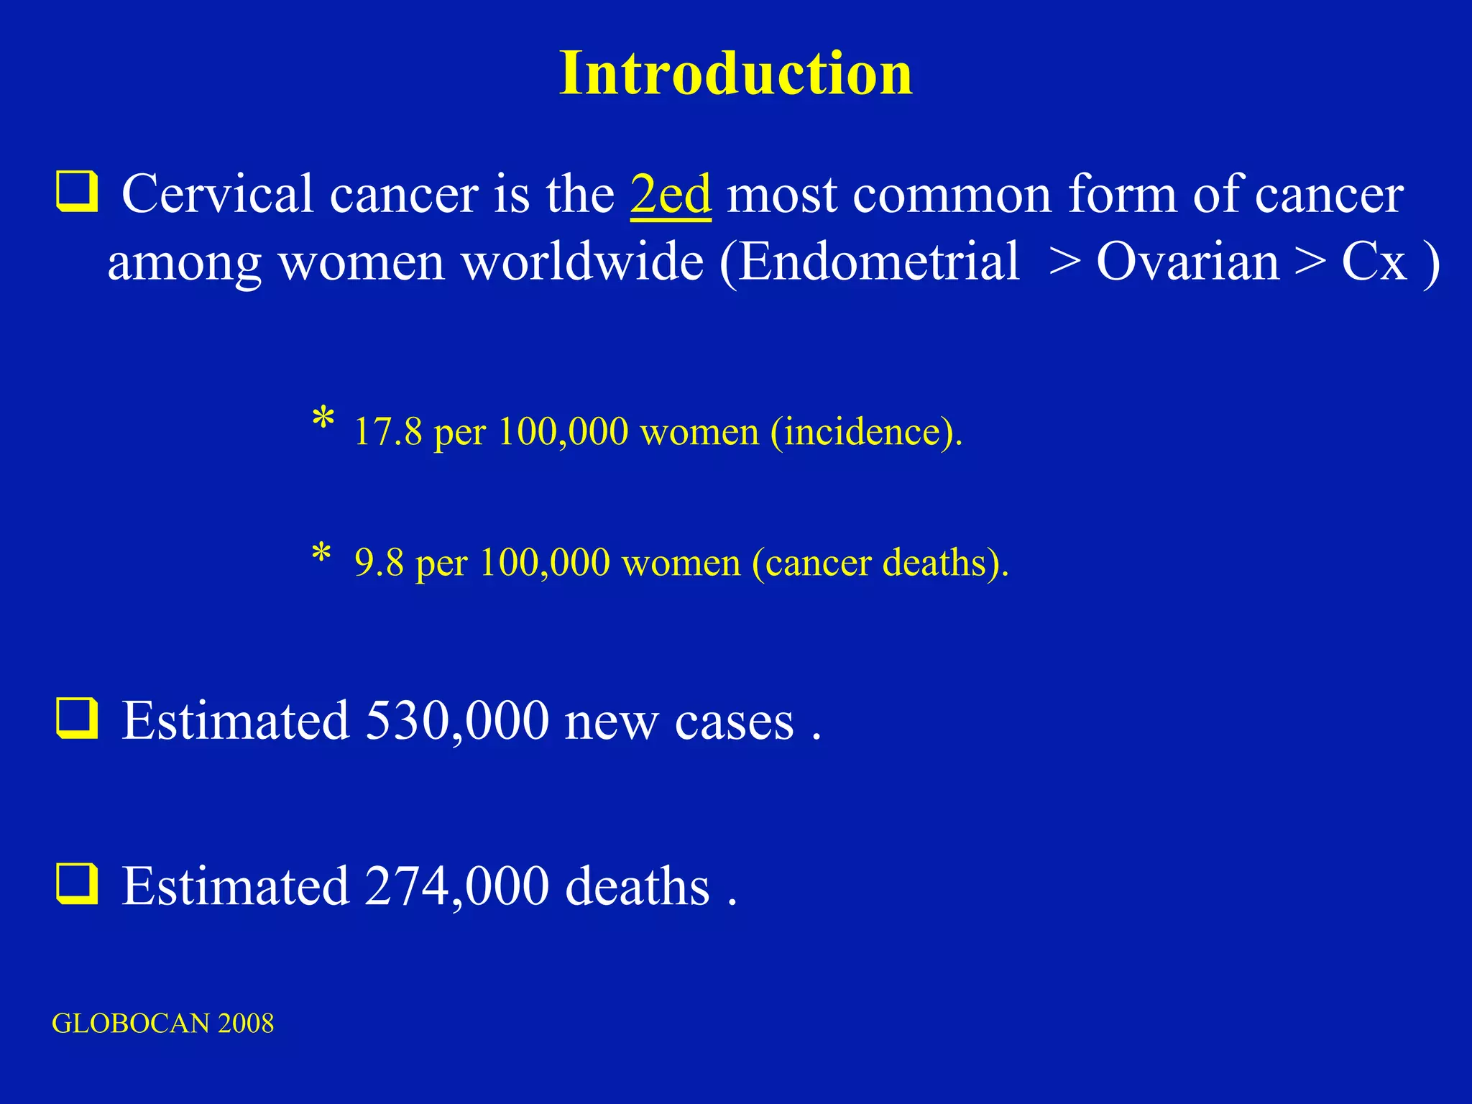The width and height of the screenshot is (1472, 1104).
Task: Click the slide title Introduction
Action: click(x=735, y=74)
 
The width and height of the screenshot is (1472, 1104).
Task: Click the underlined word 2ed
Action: click(x=671, y=194)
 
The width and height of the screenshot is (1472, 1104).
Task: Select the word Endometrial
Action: click(x=879, y=261)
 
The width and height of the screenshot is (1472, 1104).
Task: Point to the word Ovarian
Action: click(x=1187, y=261)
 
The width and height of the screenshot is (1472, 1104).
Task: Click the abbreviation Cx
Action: click(x=1374, y=261)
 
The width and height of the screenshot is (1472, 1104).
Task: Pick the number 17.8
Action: click(x=388, y=432)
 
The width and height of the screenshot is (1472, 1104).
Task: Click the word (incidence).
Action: click(x=866, y=432)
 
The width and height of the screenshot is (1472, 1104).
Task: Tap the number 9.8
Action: click(x=379, y=562)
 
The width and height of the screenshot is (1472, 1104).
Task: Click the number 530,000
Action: click(x=457, y=720)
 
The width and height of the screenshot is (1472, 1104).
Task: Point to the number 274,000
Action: click(x=457, y=885)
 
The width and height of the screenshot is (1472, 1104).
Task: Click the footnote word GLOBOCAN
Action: click(x=130, y=1023)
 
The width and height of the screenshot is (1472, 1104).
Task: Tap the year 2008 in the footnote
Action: click(x=246, y=1023)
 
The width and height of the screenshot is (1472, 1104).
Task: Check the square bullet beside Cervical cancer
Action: click(x=76, y=193)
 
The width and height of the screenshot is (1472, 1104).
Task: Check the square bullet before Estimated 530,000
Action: click(x=76, y=719)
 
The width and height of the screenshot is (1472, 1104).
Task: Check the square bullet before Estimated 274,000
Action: click(x=76, y=884)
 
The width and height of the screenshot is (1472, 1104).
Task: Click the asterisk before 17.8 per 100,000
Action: click(x=323, y=418)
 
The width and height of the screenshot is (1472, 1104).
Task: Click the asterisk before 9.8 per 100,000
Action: click(x=321, y=553)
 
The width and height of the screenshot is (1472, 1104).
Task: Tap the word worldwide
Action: click(x=582, y=261)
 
